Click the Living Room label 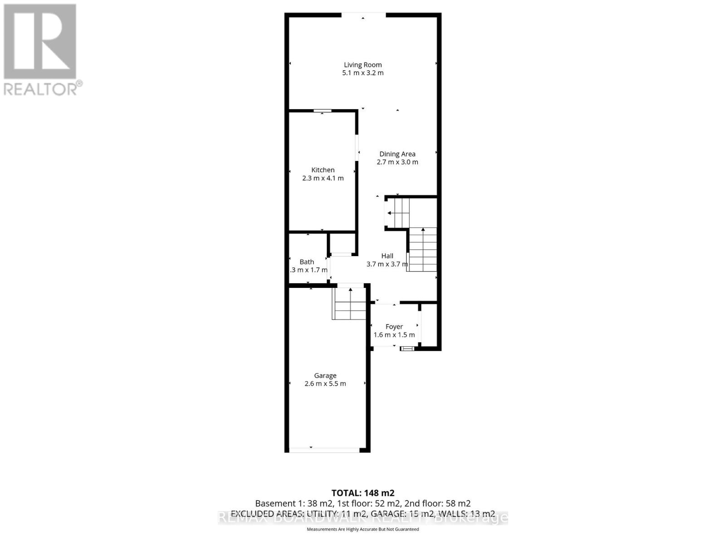[x=363, y=65]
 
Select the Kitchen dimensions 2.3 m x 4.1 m [x=323, y=178]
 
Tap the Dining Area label [x=397, y=154]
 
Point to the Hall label [x=387, y=256]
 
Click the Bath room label [x=307, y=262]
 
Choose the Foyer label [x=394, y=327]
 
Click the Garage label [x=325, y=376]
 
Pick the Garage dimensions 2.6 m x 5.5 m [x=325, y=384]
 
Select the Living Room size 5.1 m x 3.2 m [x=363, y=73]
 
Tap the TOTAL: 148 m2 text [x=363, y=493]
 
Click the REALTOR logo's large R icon [x=40, y=42]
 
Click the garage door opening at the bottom [x=324, y=450]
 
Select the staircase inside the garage [x=349, y=304]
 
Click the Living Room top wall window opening [x=363, y=15]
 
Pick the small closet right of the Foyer [x=429, y=325]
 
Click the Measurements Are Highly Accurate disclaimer [x=363, y=529]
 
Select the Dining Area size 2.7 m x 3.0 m [x=397, y=162]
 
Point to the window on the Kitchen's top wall [x=323, y=111]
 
